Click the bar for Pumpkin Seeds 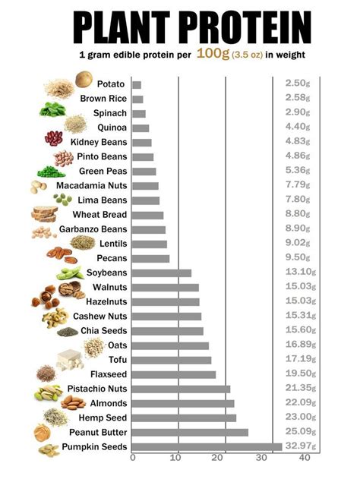(207, 446)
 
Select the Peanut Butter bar (190, 432)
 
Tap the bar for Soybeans (161, 273)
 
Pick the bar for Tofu (172, 360)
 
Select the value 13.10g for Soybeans (298, 273)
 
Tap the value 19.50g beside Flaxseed (298, 374)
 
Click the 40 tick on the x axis (305, 458)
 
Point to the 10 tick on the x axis (177, 458)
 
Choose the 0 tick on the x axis (133, 458)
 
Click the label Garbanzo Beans (93, 229)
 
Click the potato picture (84, 79)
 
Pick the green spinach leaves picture (51, 109)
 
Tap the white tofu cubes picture (70, 360)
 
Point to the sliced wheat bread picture (45, 214)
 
